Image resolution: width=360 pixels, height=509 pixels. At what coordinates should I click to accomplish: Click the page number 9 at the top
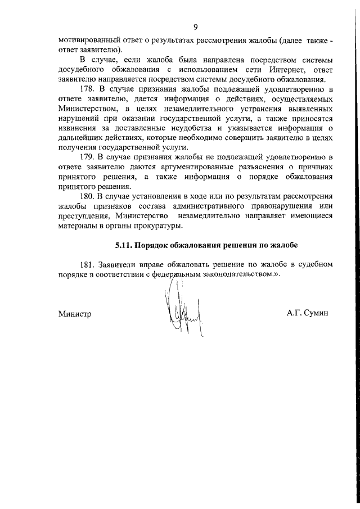[195, 26]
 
